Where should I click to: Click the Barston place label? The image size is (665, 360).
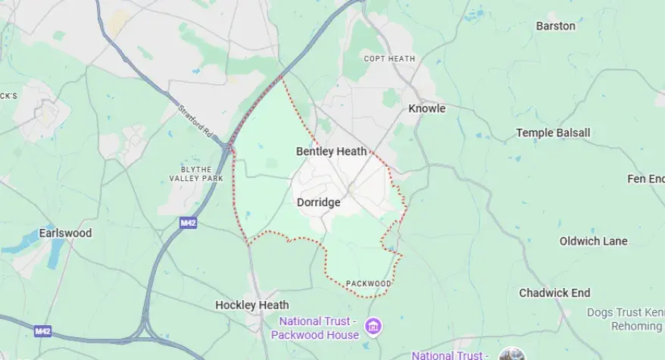[555, 26]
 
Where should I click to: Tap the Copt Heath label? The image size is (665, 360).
[389, 58]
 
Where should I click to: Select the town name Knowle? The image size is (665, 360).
[426, 108]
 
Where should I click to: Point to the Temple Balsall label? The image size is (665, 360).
[553, 133]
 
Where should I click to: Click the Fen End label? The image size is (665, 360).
[645, 179]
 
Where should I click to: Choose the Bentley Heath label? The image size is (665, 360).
[331, 152]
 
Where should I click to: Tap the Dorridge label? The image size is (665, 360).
[318, 202]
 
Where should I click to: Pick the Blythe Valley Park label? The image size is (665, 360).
[192, 173]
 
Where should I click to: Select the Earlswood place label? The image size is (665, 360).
[66, 233]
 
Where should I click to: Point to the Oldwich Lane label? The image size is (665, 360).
[593, 241]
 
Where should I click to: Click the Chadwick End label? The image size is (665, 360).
[554, 293]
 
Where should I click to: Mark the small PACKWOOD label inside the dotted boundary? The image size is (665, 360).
[368, 284]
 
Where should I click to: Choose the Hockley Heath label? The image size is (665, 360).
[251, 305]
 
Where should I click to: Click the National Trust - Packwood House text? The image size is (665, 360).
[315, 328]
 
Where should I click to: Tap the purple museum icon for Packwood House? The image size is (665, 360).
[373, 327]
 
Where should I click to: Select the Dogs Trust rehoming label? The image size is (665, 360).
[624, 319]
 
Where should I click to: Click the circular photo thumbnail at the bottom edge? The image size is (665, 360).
[512, 355]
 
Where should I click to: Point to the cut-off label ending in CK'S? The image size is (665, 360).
[8, 95]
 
